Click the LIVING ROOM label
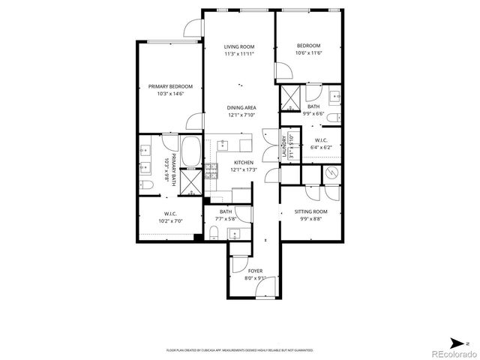[x=239, y=46]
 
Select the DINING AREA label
[x=241, y=108]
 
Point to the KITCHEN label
[x=243, y=163]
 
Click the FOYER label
[x=255, y=271]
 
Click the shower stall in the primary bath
[x=192, y=183]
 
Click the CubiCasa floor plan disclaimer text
[x=240, y=349]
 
